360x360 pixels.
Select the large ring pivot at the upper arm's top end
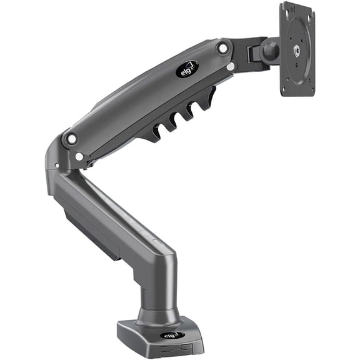(223, 47)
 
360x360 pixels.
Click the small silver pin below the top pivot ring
(231, 66)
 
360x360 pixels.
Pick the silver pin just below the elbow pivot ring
(79, 156)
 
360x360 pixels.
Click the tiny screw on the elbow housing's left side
(56, 166)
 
